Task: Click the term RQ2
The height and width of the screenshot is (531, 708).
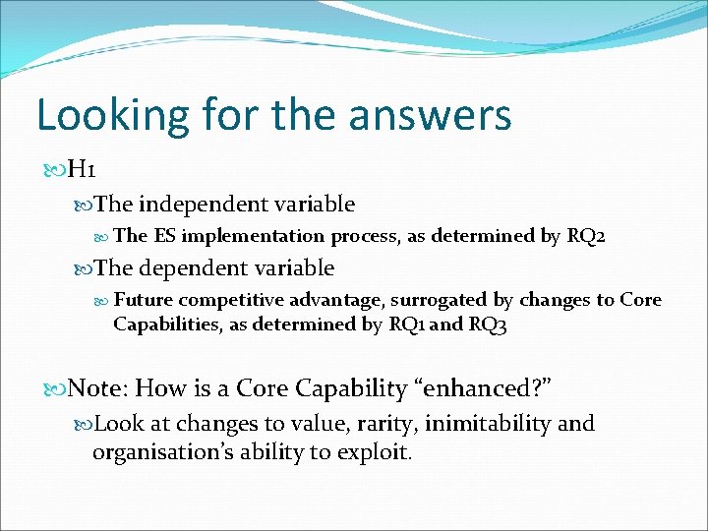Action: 592,236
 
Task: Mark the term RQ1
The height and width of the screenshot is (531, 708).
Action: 406,324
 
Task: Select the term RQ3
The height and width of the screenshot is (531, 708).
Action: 489,324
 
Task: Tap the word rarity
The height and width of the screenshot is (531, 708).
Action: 366,424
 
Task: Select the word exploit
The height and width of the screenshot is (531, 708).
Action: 376,452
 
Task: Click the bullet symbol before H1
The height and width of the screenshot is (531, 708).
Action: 53,171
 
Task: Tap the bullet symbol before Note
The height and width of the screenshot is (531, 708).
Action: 53,389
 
